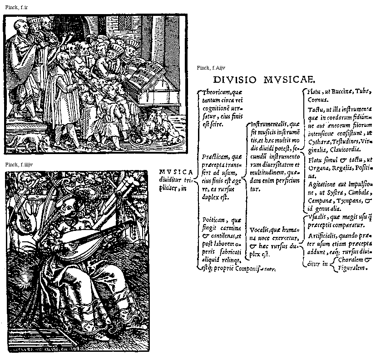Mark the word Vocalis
pos(260,230)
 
